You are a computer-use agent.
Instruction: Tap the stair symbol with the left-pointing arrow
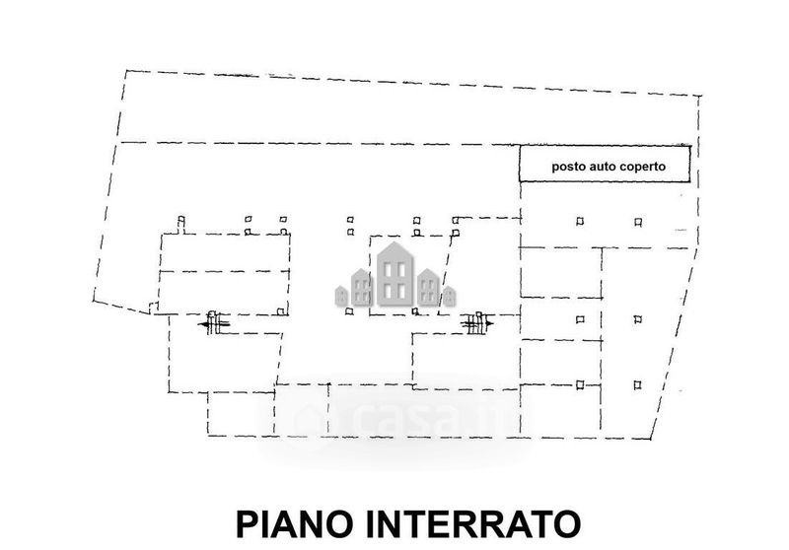tap(214, 322)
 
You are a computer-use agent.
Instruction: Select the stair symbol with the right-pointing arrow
tap(478, 323)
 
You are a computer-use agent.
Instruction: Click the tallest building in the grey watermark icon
tap(395, 274)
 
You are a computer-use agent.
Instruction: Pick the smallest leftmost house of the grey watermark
tap(341, 296)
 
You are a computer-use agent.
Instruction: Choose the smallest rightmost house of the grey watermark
tap(450, 296)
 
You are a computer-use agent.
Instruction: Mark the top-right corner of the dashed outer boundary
tap(701, 95)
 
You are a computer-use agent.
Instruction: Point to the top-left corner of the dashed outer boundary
tap(126, 71)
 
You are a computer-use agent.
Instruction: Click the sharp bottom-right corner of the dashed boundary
tap(650, 439)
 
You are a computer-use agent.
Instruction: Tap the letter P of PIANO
tap(247, 523)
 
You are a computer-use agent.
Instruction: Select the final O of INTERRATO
tap(569, 523)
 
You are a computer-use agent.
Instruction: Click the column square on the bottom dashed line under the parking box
tap(580, 384)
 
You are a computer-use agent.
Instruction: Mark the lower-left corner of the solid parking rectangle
tap(520, 181)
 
